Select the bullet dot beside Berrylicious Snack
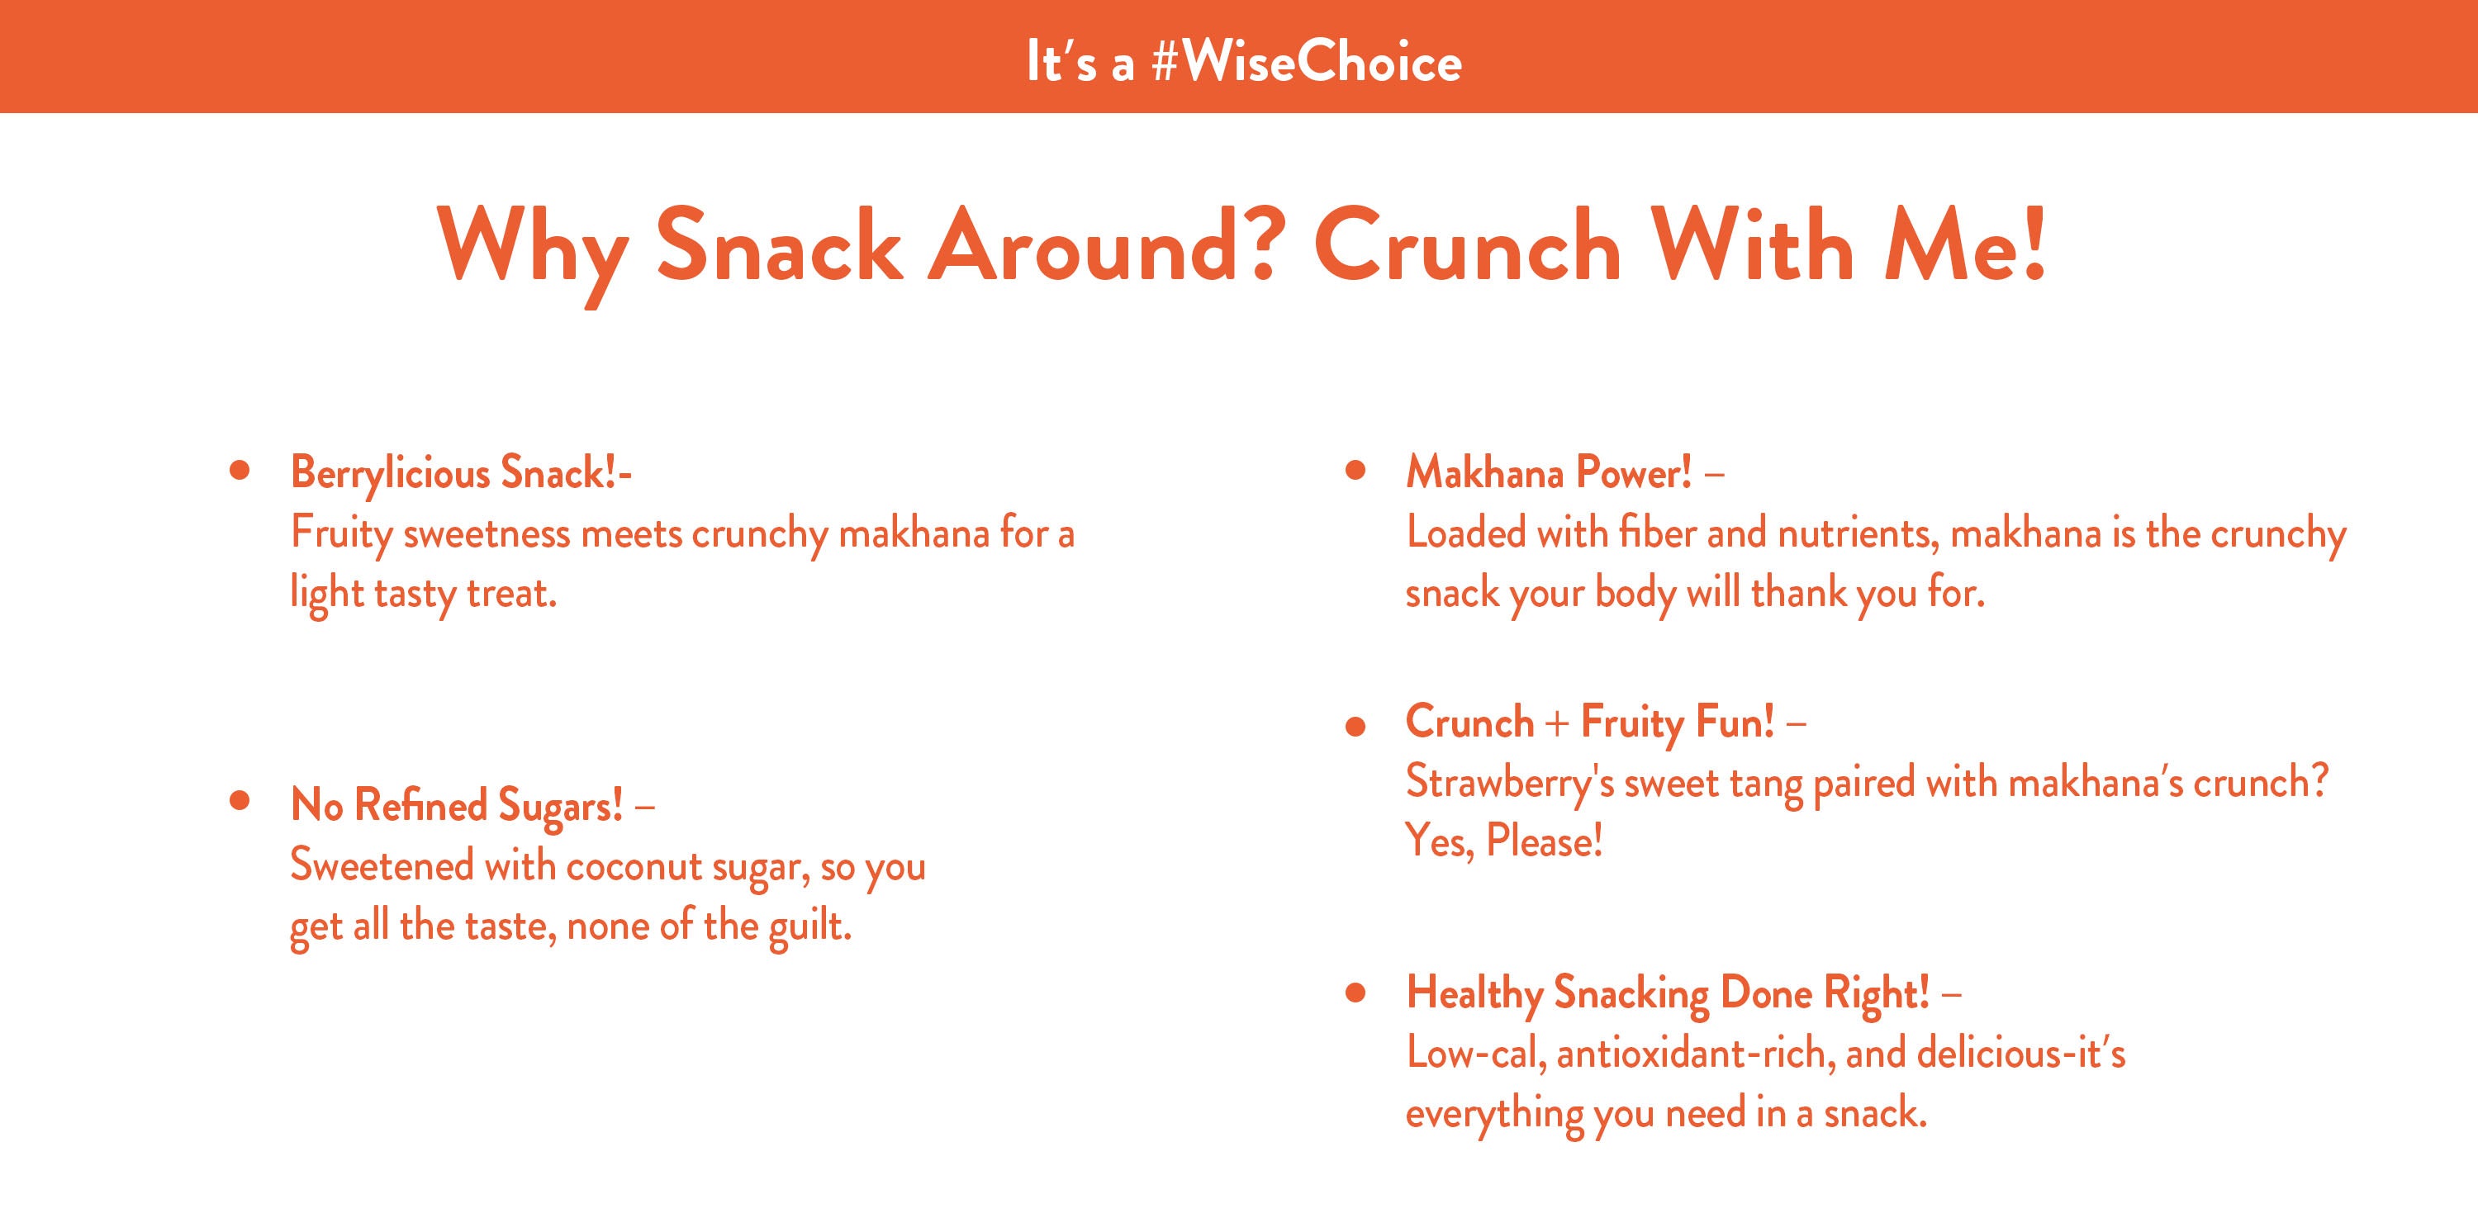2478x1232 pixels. (240, 471)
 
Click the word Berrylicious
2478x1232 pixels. (390, 474)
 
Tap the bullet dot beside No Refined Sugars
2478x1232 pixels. (240, 800)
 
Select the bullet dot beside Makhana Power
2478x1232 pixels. (1355, 471)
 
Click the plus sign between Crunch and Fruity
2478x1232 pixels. (1557, 723)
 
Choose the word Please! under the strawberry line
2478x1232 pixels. (1544, 841)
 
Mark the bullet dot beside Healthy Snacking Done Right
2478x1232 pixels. (1355, 993)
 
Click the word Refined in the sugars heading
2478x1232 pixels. (420, 805)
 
